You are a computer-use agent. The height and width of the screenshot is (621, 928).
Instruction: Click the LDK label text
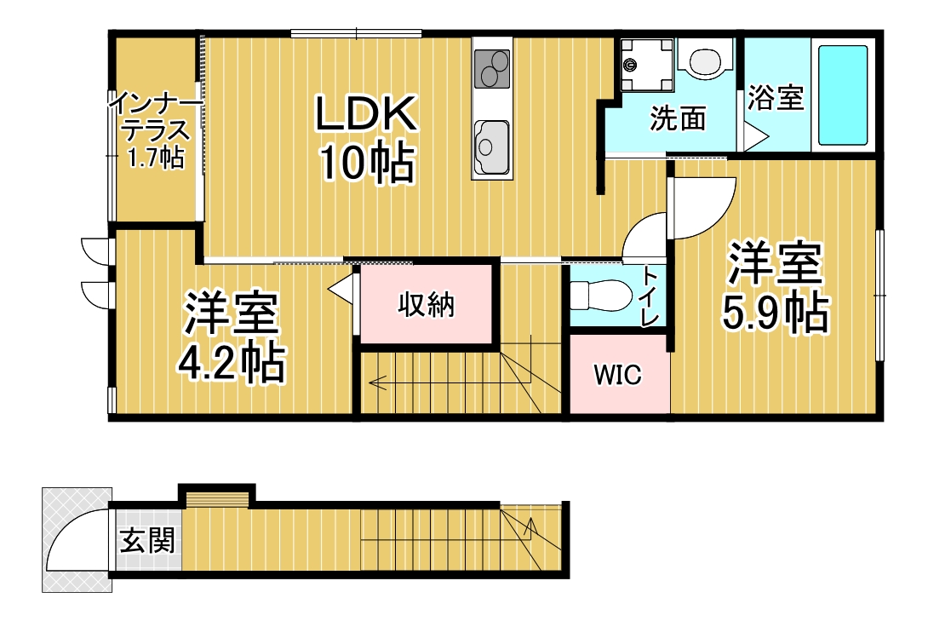[x=366, y=113]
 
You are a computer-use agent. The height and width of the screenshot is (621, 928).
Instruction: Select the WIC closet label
[x=617, y=375]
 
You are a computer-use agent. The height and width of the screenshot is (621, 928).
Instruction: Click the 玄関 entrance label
[x=147, y=540]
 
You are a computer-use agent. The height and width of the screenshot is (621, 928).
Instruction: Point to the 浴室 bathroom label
[x=776, y=98]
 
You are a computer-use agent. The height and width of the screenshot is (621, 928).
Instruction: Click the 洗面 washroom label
[x=679, y=118]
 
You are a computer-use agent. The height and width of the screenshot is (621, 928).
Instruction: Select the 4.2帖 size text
[x=232, y=362]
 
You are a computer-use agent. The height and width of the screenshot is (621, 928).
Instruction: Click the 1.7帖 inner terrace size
[x=157, y=158]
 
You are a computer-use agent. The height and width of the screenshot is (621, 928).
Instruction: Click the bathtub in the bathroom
[x=843, y=95]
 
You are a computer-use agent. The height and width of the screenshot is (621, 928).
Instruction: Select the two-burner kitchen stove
[x=492, y=69]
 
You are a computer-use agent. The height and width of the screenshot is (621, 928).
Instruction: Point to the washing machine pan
[x=647, y=65]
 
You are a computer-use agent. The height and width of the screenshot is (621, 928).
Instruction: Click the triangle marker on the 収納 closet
[x=341, y=289]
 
